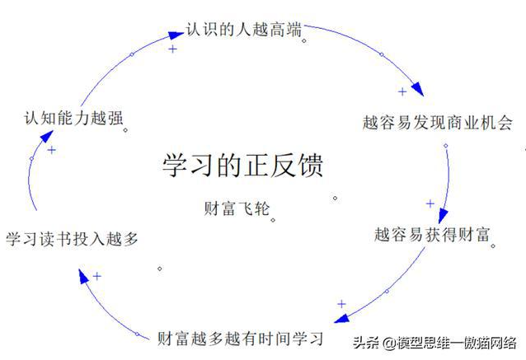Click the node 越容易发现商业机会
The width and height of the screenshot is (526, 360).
[437, 124]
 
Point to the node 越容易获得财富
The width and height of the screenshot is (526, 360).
[432, 234]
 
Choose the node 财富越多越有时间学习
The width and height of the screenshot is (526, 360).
[240, 338]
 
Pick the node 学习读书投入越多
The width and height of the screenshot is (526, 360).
[72, 239]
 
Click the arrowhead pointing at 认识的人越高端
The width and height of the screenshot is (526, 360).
[175, 35]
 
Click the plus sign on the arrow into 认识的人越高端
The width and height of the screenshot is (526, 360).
[172, 49]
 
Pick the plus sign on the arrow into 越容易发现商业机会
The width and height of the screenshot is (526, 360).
[402, 91]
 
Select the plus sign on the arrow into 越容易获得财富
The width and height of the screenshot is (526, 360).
[430, 203]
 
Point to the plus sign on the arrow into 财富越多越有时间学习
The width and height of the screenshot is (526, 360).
[341, 304]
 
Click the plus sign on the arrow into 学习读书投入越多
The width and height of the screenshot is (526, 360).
[96, 276]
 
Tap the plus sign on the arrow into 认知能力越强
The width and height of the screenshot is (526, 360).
[51, 150]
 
